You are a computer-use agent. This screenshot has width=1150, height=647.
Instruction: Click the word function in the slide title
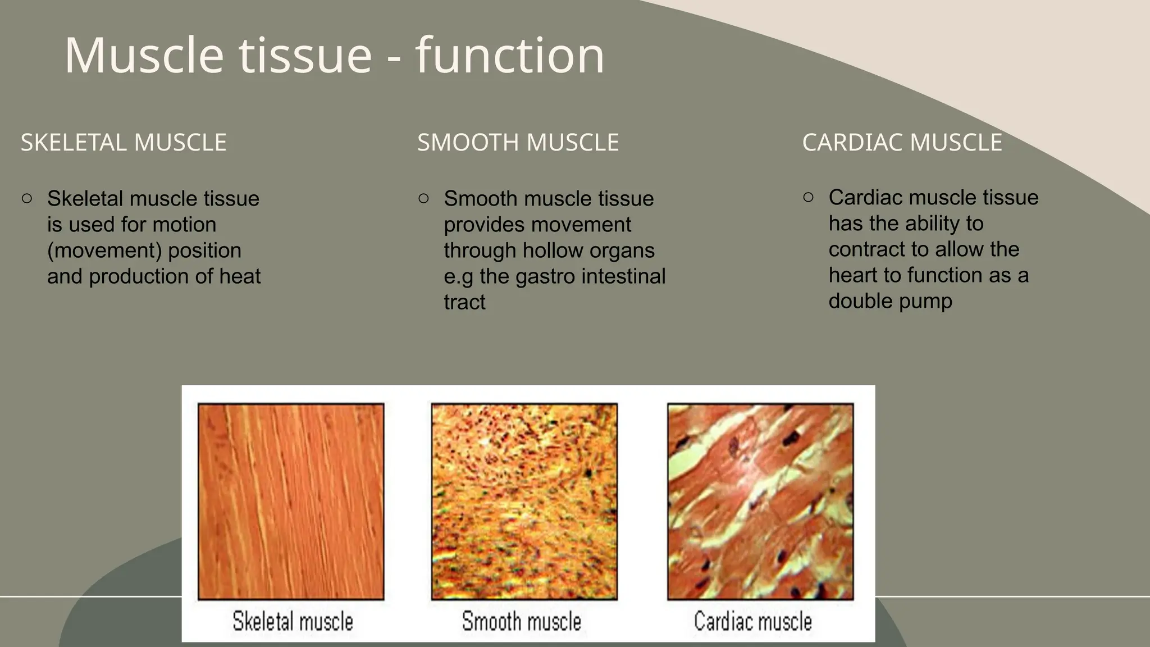509,55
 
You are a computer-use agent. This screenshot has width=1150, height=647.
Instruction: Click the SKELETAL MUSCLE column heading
124,143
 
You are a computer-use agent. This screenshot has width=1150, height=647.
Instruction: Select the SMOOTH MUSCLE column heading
518,143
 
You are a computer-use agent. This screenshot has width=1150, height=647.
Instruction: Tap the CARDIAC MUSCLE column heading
902,143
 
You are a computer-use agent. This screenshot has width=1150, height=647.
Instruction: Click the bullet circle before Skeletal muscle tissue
27,198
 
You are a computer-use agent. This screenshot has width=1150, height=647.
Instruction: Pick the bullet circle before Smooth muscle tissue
424,198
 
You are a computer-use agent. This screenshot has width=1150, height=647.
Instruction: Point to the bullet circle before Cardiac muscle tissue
809,197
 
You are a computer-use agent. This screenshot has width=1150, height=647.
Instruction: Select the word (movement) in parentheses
104,250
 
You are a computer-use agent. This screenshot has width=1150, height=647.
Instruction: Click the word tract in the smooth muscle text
464,302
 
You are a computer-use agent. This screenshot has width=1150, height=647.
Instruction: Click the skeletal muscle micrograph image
291,501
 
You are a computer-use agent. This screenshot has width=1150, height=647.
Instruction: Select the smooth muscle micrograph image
524,501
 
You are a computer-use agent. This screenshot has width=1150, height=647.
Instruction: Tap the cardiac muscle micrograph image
760,501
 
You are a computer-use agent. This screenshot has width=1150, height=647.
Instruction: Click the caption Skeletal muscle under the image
293,621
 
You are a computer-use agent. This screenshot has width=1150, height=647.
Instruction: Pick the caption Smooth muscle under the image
521,621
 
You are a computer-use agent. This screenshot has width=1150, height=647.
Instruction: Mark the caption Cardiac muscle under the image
752,621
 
